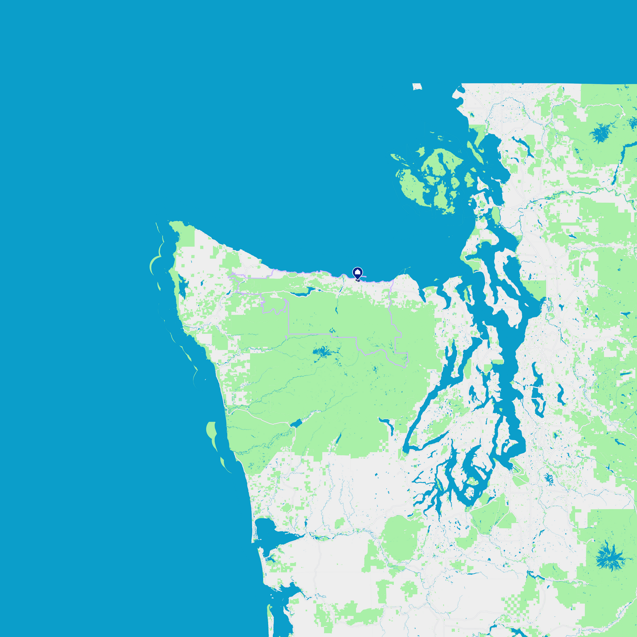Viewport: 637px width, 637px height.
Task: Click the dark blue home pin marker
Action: click(x=358, y=273)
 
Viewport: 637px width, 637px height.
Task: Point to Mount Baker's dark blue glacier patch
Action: click(x=600, y=133)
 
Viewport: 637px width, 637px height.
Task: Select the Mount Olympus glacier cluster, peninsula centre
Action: click(x=322, y=352)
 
